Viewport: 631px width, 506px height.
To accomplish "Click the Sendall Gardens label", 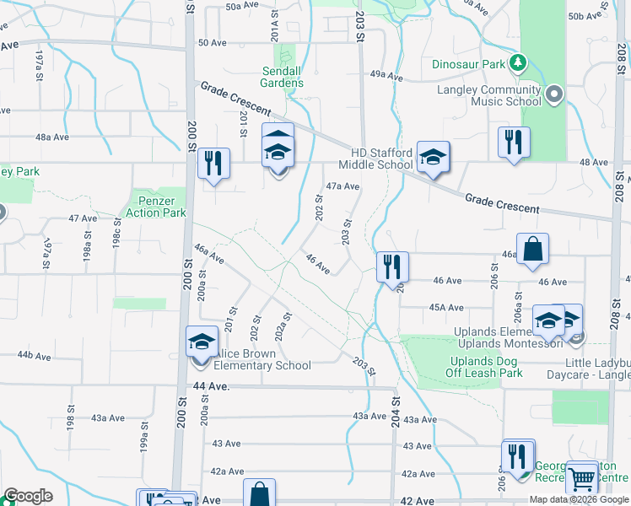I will pyautogui.click(x=282, y=77).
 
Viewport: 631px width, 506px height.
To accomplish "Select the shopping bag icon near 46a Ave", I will pyautogui.click(x=532, y=250).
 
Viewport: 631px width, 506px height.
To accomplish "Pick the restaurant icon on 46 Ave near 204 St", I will pyautogui.click(x=391, y=267).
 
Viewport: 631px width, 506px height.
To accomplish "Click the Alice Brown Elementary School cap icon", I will pyautogui.click(x=202, y=342).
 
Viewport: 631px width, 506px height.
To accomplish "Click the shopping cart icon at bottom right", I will pyautogui.click(x=581, y=478).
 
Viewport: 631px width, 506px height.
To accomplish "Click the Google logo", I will pyautogui.click(x=28, y=496).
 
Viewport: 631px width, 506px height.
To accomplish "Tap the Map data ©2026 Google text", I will pyautogui.click(x=579, y=499).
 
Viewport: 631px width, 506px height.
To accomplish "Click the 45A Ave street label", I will pyautogui.click(x=446, y=308).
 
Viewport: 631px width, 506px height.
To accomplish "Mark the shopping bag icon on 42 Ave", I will pyautogui.click(x=259, y=494).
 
